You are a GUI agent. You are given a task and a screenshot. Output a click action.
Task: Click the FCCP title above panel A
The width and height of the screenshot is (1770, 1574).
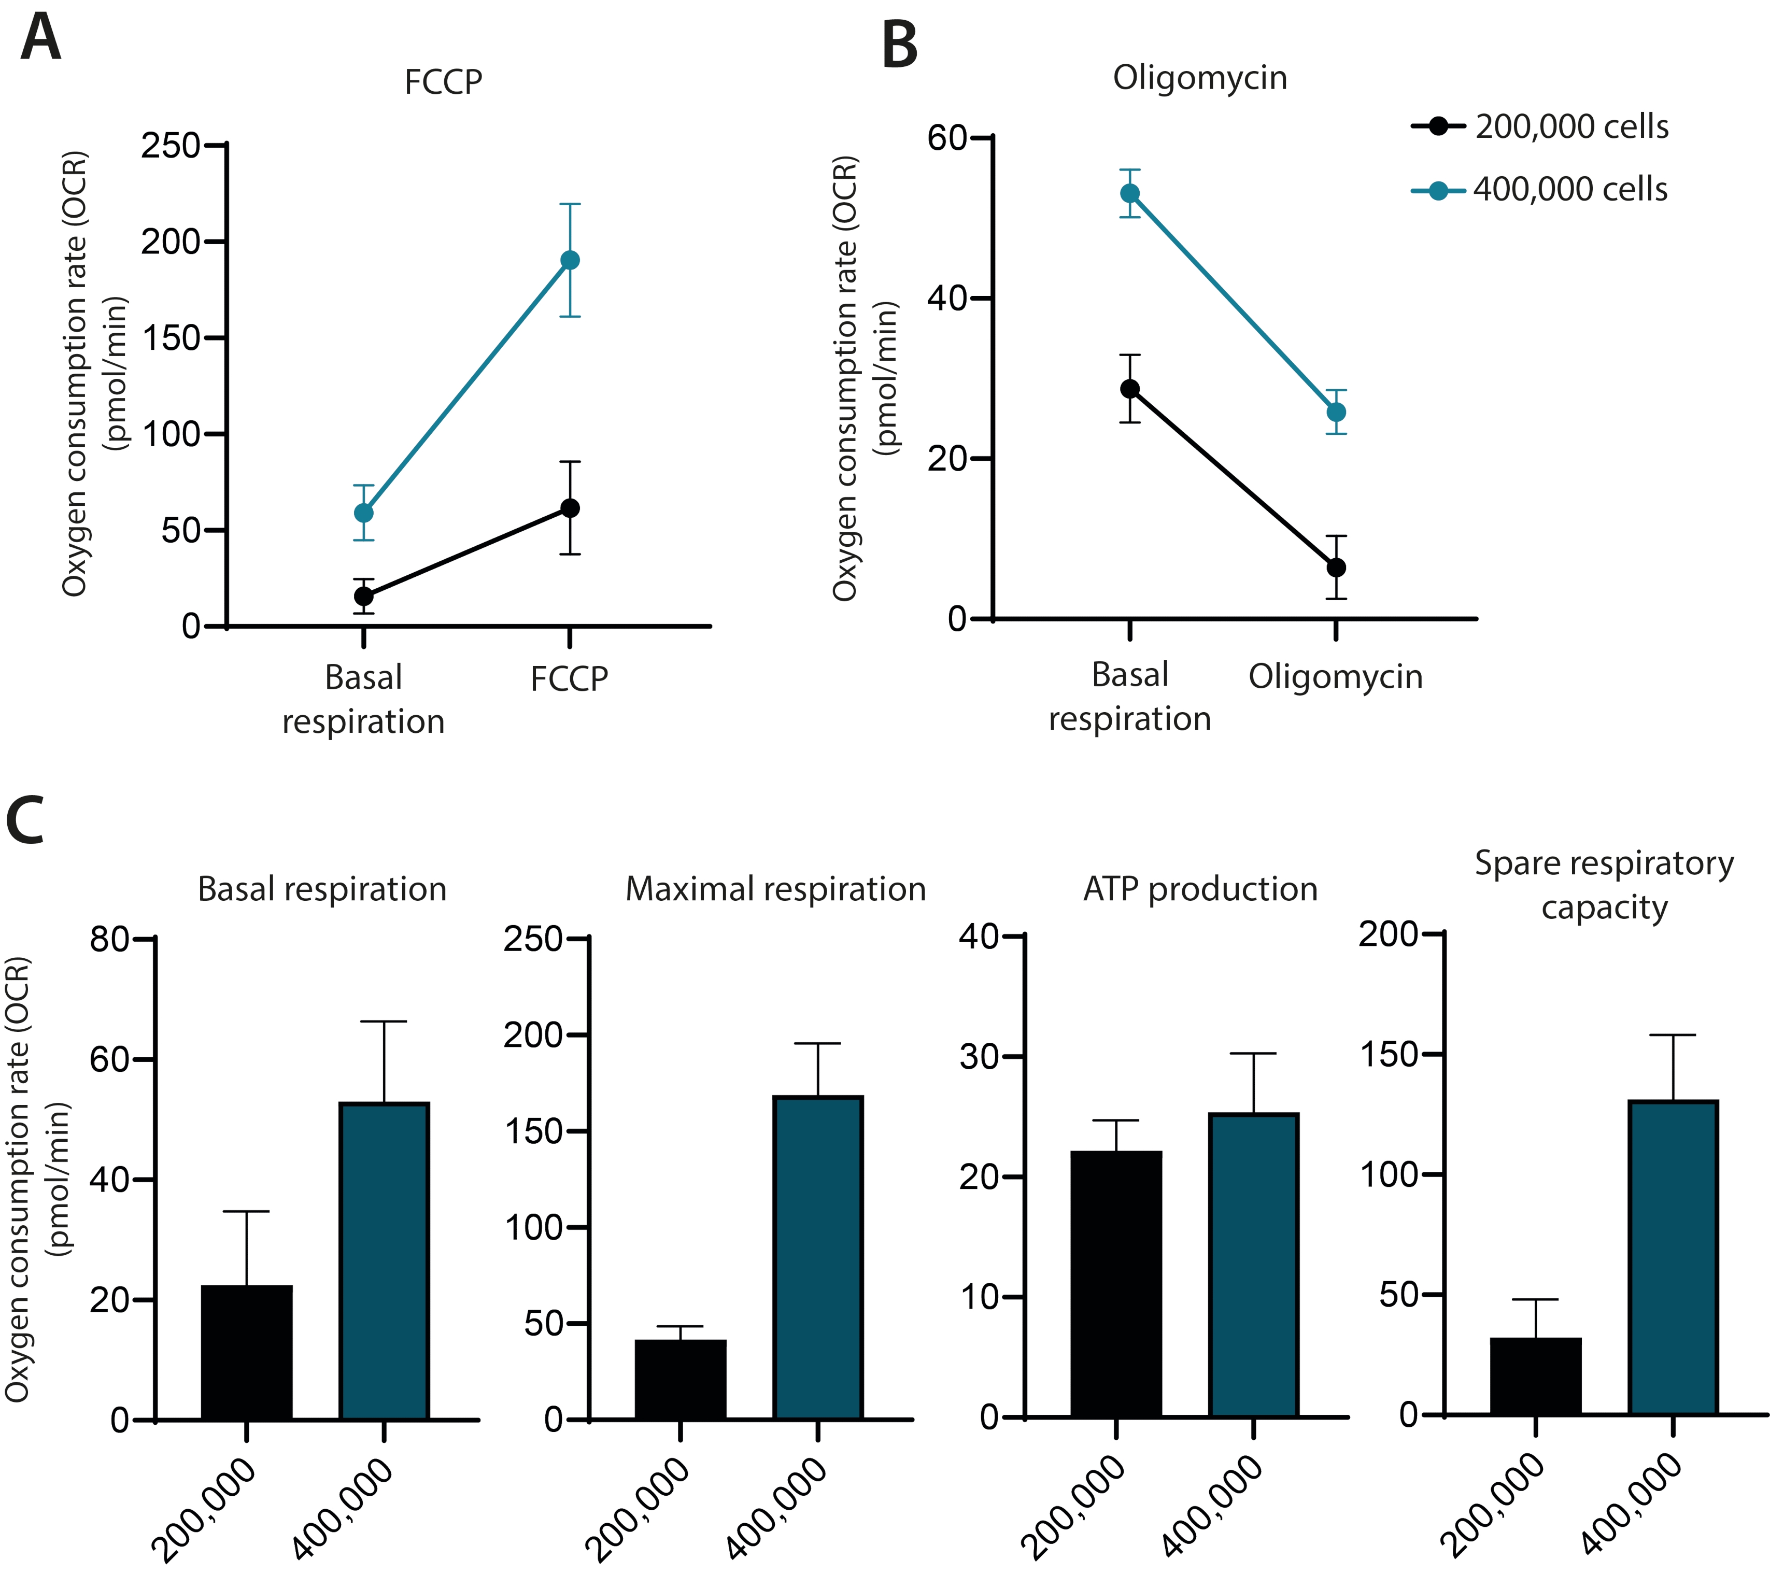click(x=443, y=82)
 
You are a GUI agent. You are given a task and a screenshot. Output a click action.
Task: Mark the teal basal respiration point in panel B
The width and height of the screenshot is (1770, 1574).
click(x=1130, y=193)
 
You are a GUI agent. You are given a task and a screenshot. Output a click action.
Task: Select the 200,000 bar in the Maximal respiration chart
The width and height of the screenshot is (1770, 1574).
click(x=681, y=1380)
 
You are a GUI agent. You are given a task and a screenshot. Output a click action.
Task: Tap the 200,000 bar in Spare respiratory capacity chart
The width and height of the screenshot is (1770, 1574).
click(x=1535, y=1377)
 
